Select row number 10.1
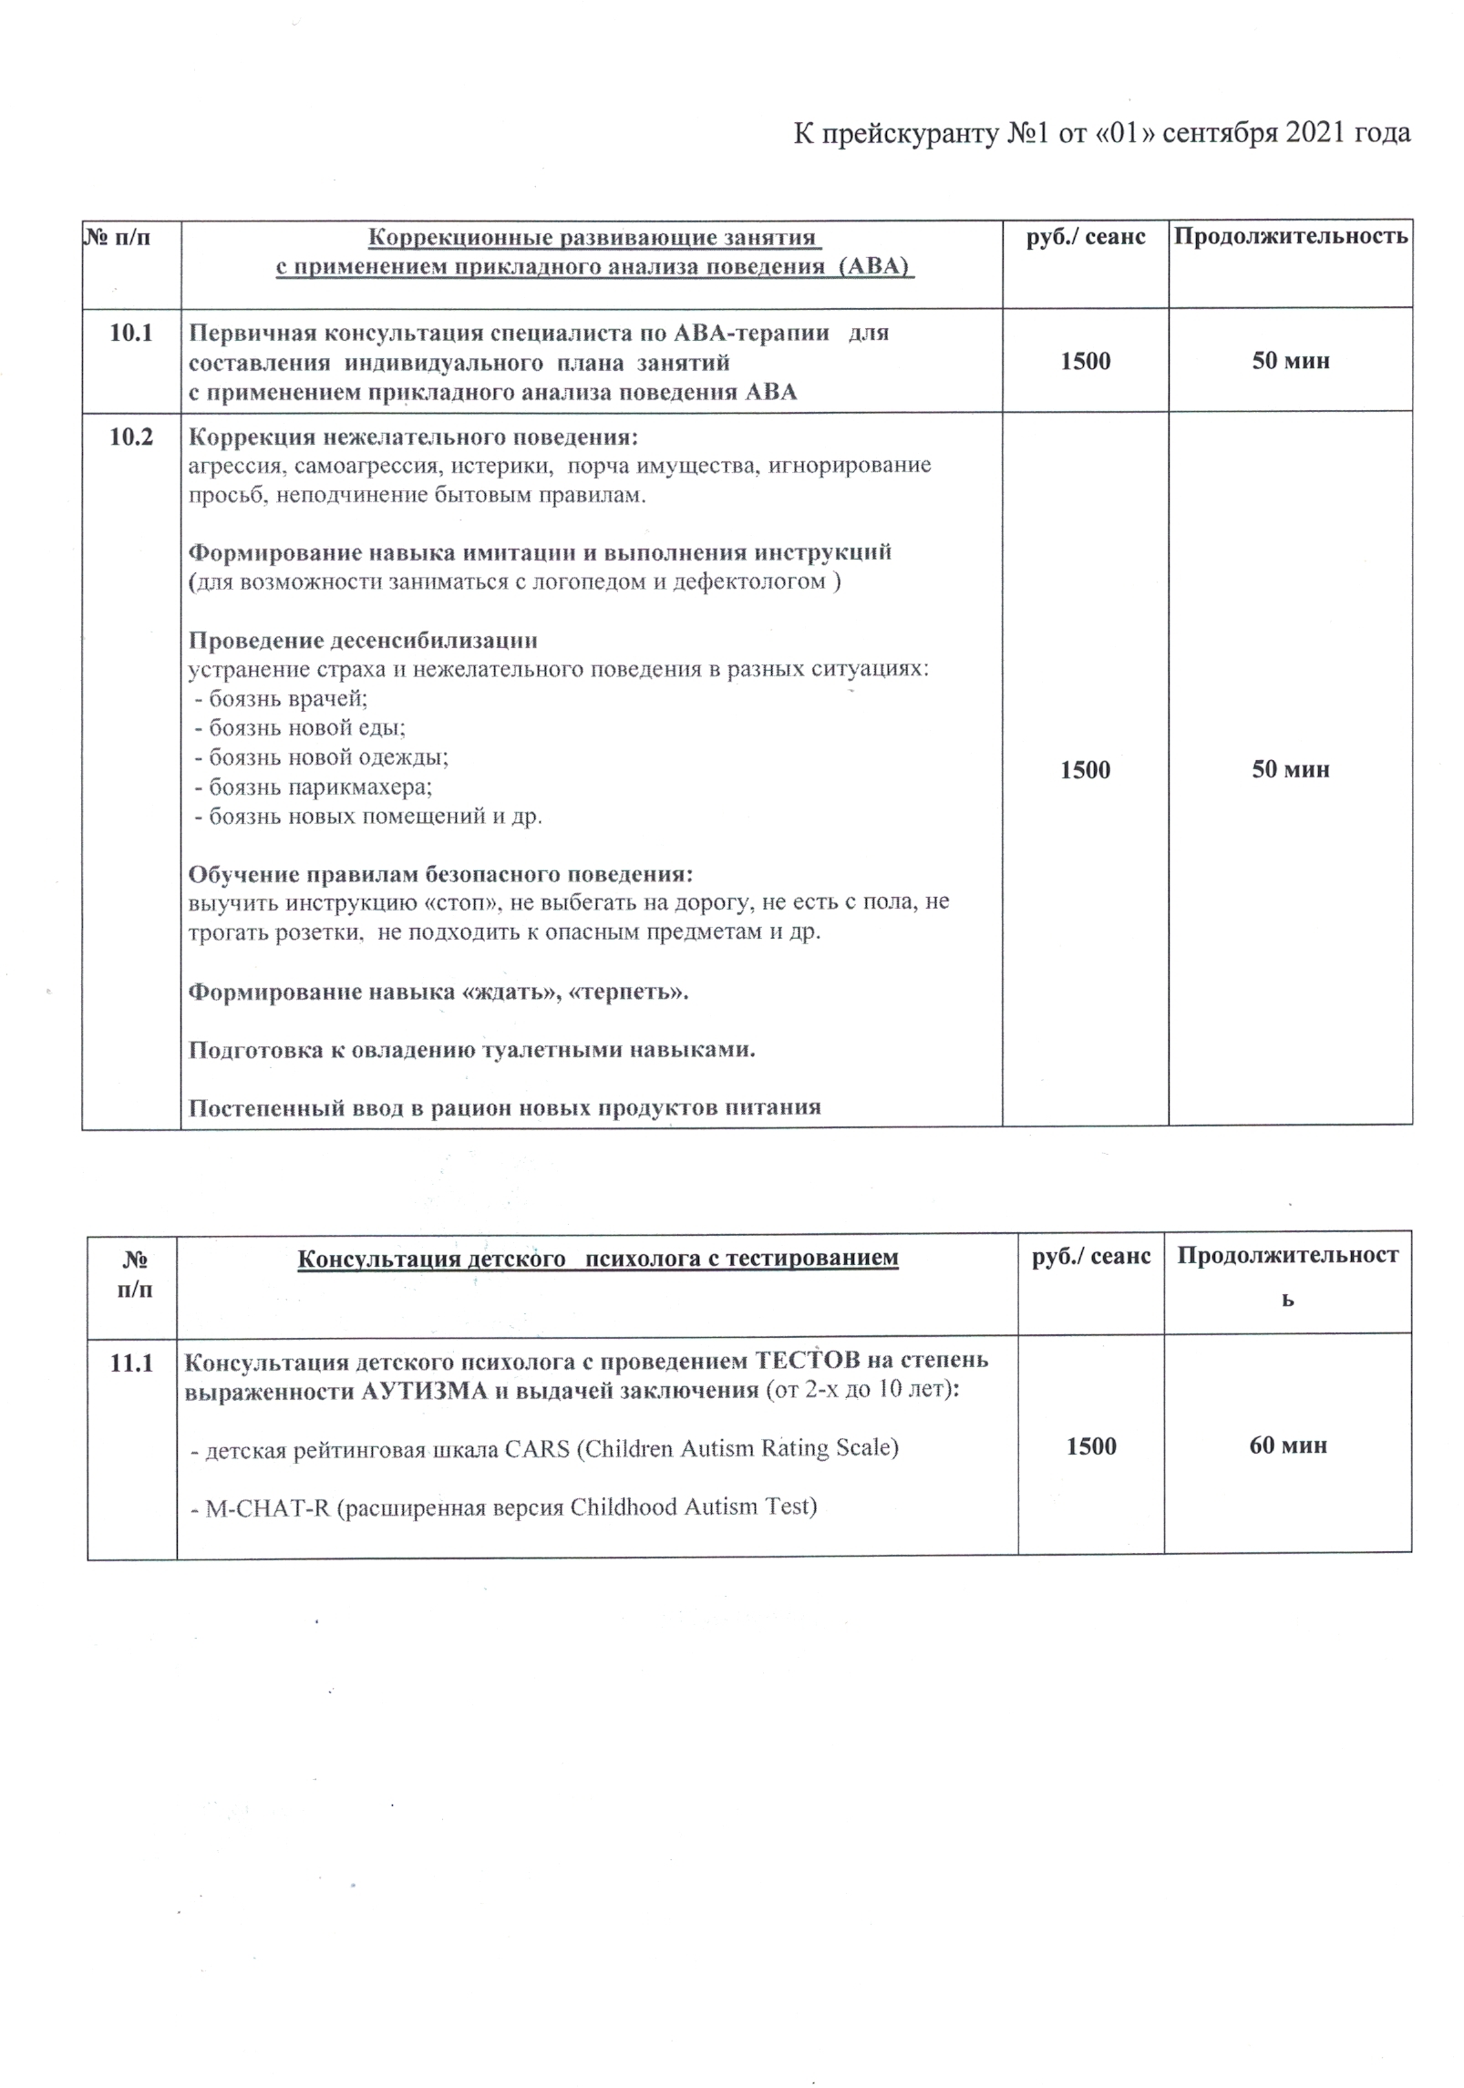point(131,333)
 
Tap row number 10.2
point(131,437)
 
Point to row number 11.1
point(131,1363)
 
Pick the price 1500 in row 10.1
point(1085,361)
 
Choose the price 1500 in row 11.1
point(1091,1446)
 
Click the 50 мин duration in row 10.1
point(1290,361)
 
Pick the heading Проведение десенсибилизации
point(363,640)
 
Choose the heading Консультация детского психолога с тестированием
point(597,1258)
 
